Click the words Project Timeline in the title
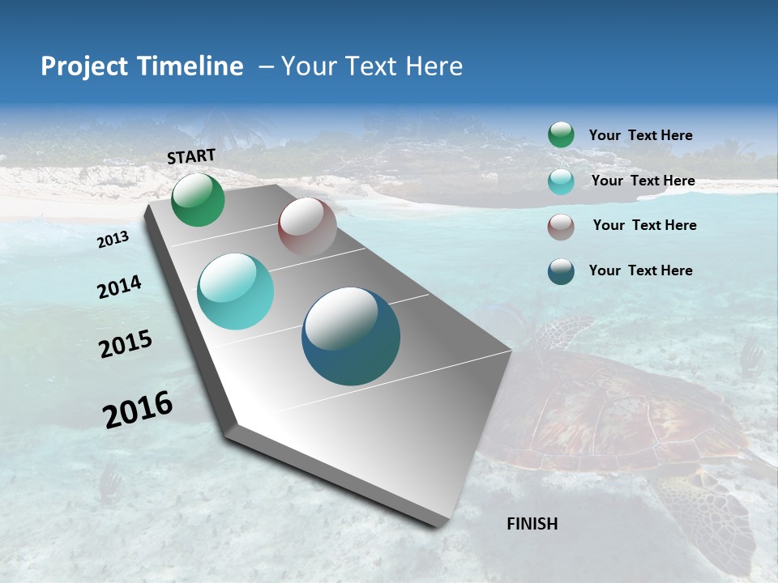pos(142,66)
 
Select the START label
pos(191,156)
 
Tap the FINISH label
pos(532,524)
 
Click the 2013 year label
pos(113,240)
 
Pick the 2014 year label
pos(120,287)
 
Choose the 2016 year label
pos(138,409)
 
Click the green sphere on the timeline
pos(198,200)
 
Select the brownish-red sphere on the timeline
pos(307,227)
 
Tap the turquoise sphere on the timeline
pos(236,291)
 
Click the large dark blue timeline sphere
pos(351,336)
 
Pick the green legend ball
pos(561,135)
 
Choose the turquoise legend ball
pos(561,181)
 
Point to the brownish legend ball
pos(561,226)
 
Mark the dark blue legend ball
pos(561,271)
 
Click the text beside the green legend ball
pos(640,136)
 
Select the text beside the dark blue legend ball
pos(640,270)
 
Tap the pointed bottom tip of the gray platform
pos(442,525)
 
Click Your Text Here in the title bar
pos(372,66)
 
